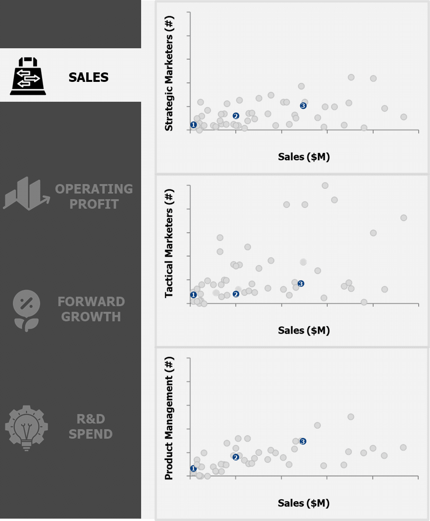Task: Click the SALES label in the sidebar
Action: [x=89, y=77]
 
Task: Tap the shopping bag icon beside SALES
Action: [x=28, y=76]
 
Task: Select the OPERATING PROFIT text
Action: [x=94, y=196]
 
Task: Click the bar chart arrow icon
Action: [x=26, y=194]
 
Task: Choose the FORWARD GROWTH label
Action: [x=91, y=309]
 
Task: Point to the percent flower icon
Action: [x=27, y=310]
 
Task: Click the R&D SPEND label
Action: [x=90, y=426]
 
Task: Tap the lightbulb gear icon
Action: [x=26, y=426]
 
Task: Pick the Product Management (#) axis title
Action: [x=169, y=418]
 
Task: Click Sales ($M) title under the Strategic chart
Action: [x=304, y=157]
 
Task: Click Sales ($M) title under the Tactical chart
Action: [x=304, y=330]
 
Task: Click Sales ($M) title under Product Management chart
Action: [x=304, y=503]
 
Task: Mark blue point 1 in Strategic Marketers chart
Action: [x=193, y=125]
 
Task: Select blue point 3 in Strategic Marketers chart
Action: [x=303, y=106]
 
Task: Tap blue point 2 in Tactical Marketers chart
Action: [x=236, y=294]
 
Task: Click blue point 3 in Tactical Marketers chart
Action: [x=301, y=283]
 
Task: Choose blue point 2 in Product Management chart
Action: [x=236, y=457]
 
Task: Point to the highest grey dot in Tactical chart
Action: [x=325, y=185]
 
